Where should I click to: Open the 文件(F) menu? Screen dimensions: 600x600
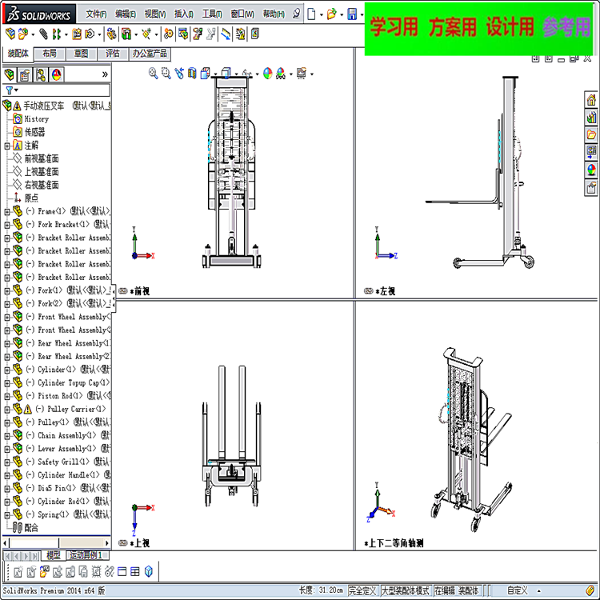point(96,14)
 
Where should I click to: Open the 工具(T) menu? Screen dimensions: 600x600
point(212,14)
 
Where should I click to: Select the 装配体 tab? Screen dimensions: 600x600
point(18,54)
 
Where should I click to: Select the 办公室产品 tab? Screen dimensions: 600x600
point(150,54)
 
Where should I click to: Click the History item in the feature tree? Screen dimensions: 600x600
point(36,118)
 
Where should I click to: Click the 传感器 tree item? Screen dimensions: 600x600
point(34,132)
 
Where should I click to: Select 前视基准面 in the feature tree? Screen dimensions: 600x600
point(41,158)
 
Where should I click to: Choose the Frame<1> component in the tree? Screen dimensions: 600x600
point(68,211)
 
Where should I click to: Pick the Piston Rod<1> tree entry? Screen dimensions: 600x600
point(68,396)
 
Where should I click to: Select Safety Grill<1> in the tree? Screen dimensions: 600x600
point(68,462)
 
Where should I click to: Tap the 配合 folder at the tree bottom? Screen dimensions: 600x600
point(30,528)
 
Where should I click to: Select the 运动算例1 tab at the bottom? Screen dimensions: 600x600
point(86,555)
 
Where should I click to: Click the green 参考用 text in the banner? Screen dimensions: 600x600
point(566,28)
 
